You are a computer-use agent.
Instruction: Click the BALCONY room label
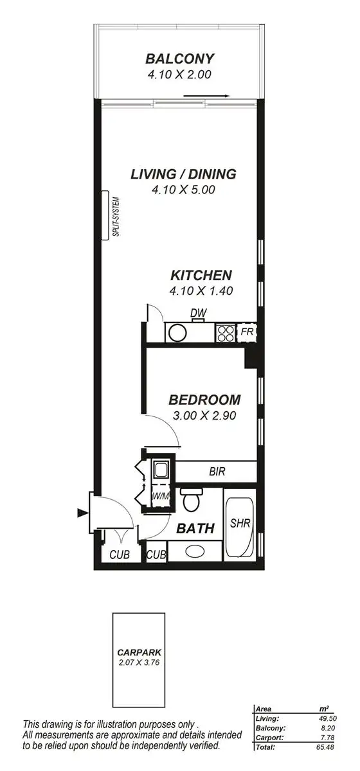pos(179,59)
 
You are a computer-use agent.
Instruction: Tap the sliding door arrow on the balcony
pos(206,96)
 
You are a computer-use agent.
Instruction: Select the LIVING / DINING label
pos(183,173)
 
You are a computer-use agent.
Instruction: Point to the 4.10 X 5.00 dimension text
pos(183,190)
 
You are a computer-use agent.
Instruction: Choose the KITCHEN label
pos(201,275)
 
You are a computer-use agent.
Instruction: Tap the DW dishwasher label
pos(198,313)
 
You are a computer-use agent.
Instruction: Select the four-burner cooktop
pos(226,332)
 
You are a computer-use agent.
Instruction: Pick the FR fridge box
pos(246,332)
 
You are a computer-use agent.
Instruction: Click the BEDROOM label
pos(204,400)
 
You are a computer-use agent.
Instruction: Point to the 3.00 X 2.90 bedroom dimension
pos(204,416)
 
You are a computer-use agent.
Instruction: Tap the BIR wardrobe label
pos(217,471)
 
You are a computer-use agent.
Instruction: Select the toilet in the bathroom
pos(191,500)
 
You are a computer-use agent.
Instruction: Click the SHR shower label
pos(240,524)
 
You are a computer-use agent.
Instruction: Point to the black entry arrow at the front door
pos(82,512)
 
